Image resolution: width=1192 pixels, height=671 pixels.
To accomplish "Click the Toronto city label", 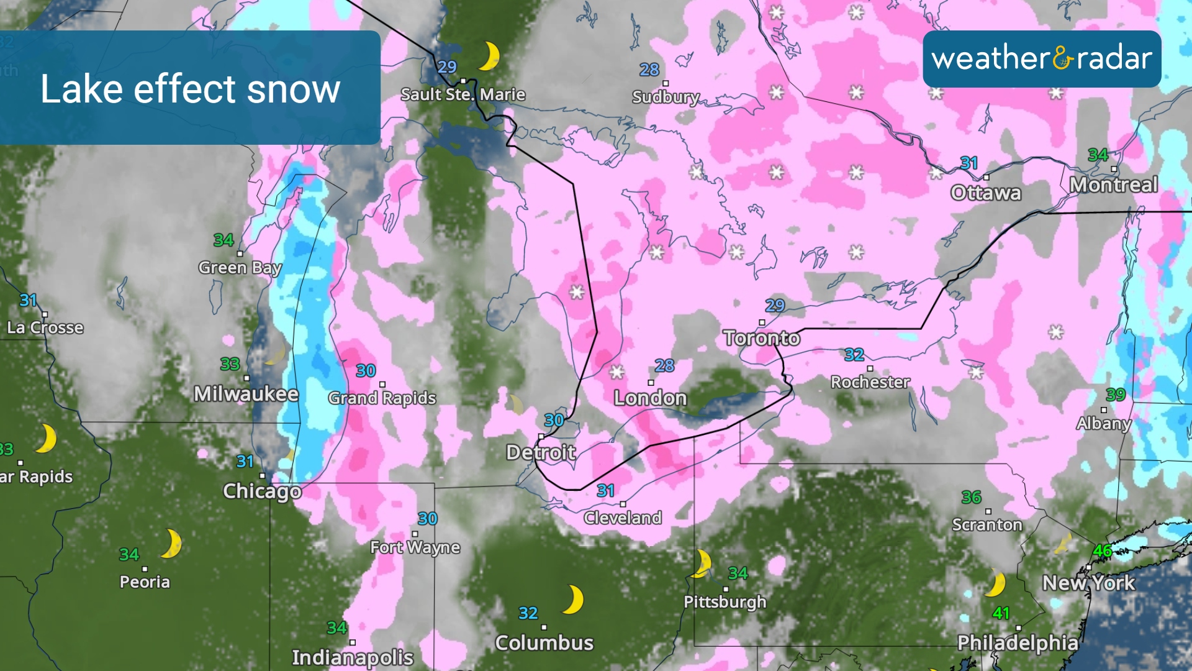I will pyautogui.click(x=761, y=338).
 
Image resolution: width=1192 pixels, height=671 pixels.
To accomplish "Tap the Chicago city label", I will pyautogui.click(x=262, y=491).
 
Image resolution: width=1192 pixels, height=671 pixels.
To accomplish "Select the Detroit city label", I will pyautogui.click(x=541, y=452).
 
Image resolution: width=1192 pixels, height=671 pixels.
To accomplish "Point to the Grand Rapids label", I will pyautogui.click(x=382, y=398).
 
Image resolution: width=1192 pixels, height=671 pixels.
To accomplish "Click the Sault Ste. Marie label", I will pyautogui.click(x=463, y=94).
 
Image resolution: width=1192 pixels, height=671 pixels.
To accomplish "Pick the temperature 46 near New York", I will pyautogui.click(x=1103, y=550).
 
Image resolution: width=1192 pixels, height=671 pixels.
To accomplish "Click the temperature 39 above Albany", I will pyautogui.click(x=1115, y=395).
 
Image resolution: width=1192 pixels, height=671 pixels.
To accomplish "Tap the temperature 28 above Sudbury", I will pyautogui.click(x=649, y=70).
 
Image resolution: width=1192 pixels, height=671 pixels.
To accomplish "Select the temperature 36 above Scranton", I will pyautogui.click(x=971, y=497).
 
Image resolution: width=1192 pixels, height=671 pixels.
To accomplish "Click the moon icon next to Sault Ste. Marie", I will pyautogui.click(x=489, y=57).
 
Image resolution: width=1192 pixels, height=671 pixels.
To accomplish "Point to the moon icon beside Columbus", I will pyautogui.click(x=573, y=600).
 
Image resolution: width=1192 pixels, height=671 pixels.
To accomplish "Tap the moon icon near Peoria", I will pyautogui.click(x=171, y=544).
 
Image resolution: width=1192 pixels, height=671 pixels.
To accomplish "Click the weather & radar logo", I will pyautogui.click(x=1042, y=59).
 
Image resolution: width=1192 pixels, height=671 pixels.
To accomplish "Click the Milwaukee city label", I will pyautogui.click(x=246, y=394).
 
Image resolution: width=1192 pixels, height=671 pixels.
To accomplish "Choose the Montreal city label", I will pyautogui.click(x=1114, y=185).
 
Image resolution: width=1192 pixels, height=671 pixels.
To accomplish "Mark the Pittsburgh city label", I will pyautogui.click(x=725, y=601).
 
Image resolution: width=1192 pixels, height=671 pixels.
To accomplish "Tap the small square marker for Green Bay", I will pyautogui.click(x=240, y=253).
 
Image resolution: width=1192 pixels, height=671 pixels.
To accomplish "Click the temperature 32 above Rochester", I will pyautogui.click(x=854, y=355).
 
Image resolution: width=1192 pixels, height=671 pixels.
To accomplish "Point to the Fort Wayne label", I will pyautogui.click(x=415, y=547).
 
